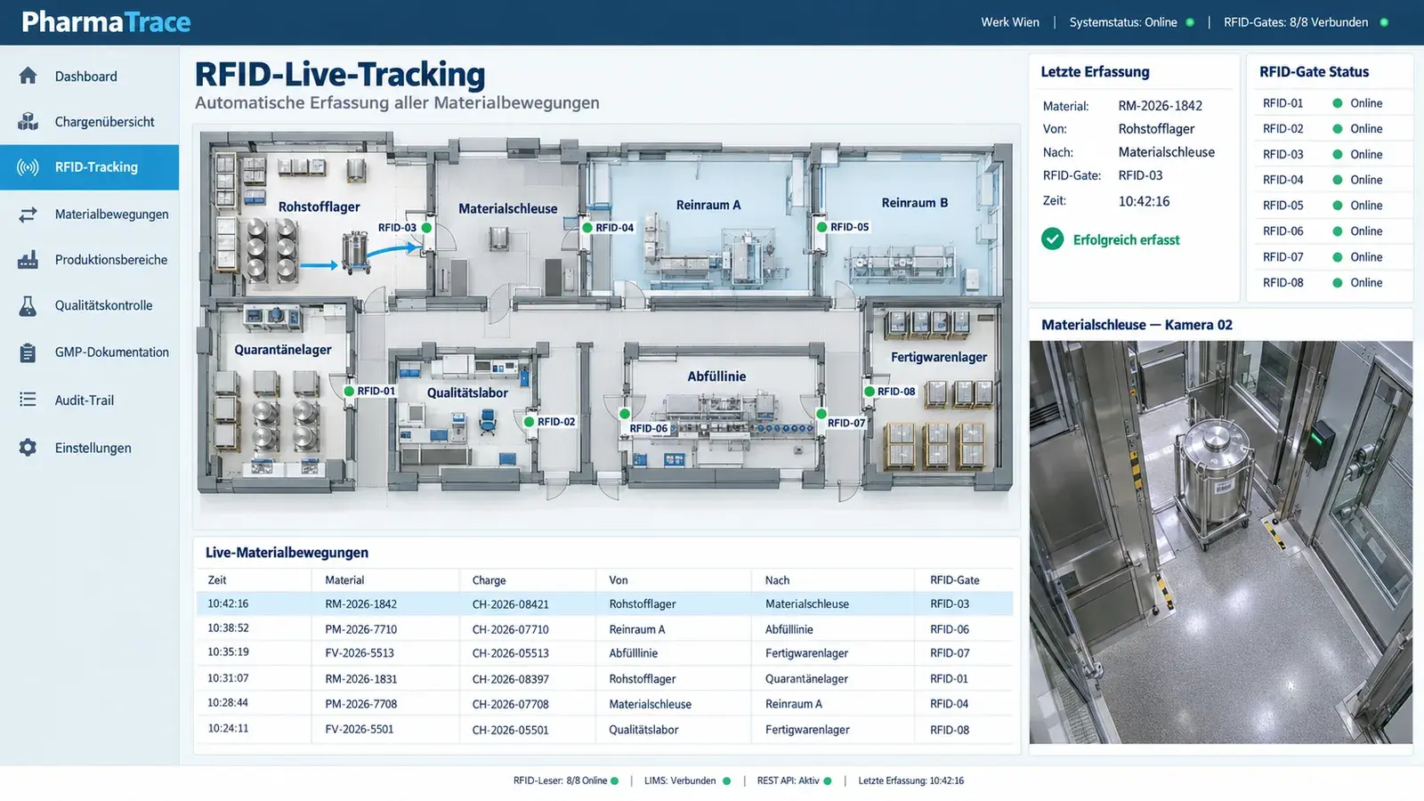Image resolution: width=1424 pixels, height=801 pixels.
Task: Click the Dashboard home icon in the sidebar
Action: click(x=28, y=76)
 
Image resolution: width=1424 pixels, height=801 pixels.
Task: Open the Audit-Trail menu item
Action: click(x=84, y=400)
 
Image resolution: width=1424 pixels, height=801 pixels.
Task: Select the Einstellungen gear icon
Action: click(x=28, y=448)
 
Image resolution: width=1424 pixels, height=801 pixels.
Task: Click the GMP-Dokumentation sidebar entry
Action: click(x=112, y=352)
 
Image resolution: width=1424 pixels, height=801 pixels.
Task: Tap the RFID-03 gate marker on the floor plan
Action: click(x=426, y=228)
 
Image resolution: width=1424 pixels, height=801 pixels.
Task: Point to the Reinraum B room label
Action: click(x=914, y=203)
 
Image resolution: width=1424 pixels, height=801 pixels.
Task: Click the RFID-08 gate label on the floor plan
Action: click(x=896, y=392)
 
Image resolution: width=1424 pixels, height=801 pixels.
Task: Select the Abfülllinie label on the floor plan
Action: click(x=716, y=376)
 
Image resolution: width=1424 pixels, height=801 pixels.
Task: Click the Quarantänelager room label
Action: click(x=283, y=350)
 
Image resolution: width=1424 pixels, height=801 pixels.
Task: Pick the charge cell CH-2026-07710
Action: click(x=511, y=629)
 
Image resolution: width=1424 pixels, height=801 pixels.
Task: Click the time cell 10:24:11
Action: click(x=228, y=729)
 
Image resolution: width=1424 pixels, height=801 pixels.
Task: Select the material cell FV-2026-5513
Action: click(x=360, y=653)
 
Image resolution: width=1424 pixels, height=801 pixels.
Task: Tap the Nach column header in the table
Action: click(x=778, y=579)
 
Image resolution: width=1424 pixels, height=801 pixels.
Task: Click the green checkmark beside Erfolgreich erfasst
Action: click(x=1053, y=239)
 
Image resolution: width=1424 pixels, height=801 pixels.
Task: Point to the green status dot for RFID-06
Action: click(x=1338, y=231)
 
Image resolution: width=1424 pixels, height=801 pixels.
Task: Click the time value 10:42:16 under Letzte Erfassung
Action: click(x=1144, y=201)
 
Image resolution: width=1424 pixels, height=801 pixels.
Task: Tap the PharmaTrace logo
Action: click(x=106, y=22)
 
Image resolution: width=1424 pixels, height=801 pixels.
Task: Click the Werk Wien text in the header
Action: click(x=1010, y=22)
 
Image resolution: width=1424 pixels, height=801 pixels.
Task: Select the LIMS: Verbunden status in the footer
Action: click(x=680, y=781)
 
